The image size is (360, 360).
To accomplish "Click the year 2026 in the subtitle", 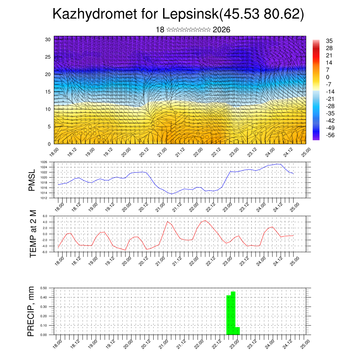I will (x=221, y=30).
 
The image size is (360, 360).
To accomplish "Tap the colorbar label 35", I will (x=329, y=41).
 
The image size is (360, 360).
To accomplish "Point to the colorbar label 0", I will (x=328, y=77).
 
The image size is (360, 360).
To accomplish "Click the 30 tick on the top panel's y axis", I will (x=48, y=39).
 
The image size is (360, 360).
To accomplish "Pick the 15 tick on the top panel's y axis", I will (x=48, y=92).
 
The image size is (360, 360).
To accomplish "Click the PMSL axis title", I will (x=32, y=180).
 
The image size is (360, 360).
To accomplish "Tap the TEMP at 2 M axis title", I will (x=33, y=234).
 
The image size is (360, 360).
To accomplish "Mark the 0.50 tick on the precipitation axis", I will (x=44, y=288).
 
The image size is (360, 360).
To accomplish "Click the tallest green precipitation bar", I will (x=233, y=313).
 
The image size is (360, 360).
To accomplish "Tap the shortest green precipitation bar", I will (x=238, y=331).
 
